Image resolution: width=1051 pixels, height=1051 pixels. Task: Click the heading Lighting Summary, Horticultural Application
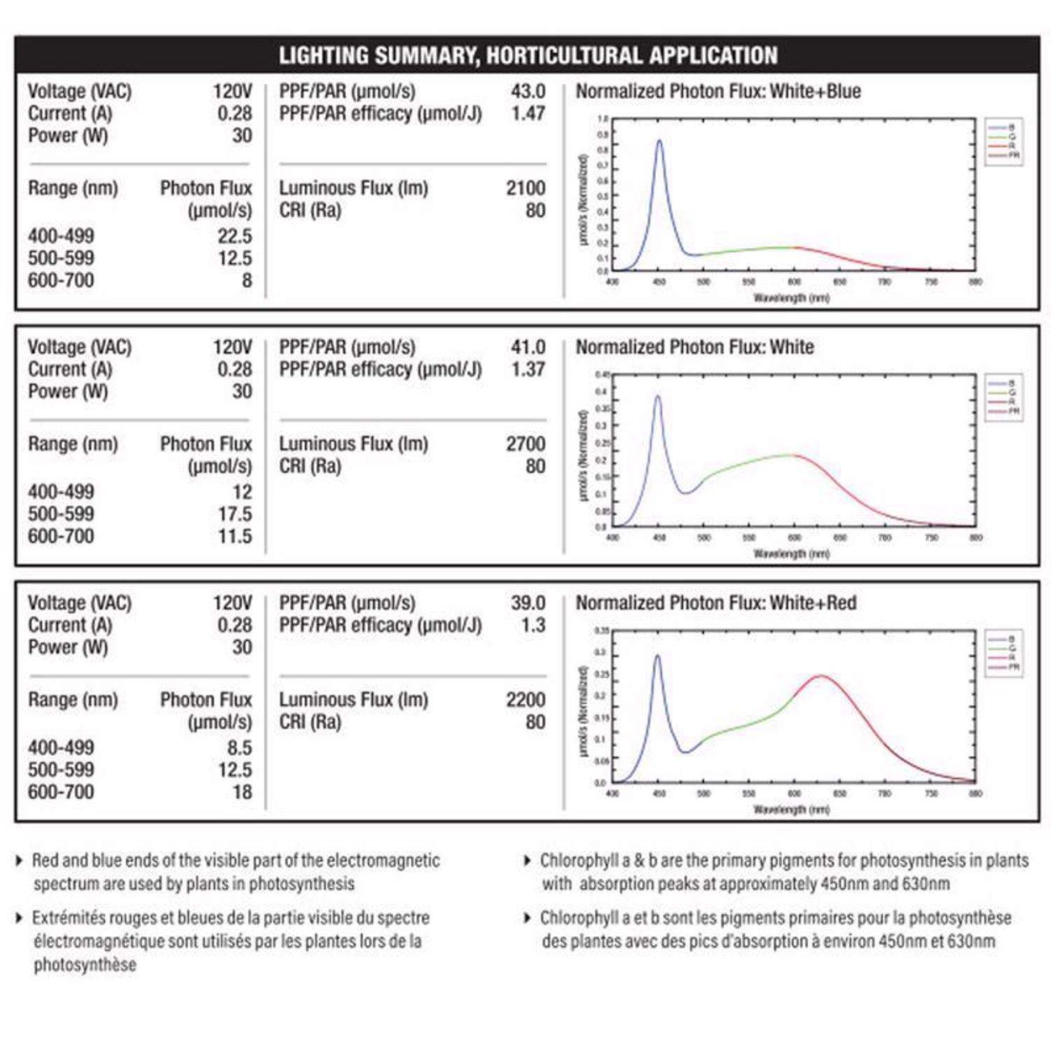click(x=528, y=55)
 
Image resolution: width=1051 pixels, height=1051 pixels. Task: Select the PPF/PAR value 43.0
click(x=528, y=91)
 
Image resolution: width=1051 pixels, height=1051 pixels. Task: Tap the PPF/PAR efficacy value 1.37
click(x=528, y=369)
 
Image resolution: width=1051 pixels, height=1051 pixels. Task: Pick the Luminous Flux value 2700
click(x=525, y=444)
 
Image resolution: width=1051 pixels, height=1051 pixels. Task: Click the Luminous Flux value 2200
click(x=525, y=699)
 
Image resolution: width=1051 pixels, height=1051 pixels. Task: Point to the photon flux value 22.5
click(x=234, y=236)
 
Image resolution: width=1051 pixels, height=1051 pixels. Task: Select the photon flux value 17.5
click(x=234, y=514)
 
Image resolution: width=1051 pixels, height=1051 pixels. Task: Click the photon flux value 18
click(x=242, y=792)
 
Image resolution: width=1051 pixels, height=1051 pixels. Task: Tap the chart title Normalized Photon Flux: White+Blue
click(x=718, y=91)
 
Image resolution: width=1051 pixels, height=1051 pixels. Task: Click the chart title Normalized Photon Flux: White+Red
click(x=716, y=603)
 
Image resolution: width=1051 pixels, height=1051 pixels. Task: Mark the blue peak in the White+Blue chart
click(x=659, y=141)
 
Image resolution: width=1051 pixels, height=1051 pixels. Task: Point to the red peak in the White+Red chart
click(x=820, y=676)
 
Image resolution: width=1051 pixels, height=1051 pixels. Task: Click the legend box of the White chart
click(x=1003, y=397)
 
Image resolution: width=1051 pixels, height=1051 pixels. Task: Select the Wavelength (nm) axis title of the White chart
click(x=791, y=554)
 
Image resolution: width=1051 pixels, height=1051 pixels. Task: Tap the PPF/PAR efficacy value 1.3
click(x=533, y=625)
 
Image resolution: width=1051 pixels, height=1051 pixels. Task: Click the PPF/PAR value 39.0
click(x=528, y=603)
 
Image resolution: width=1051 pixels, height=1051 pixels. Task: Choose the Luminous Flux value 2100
click(x=525, y=188)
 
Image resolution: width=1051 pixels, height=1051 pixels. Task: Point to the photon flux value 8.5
click(x=239, y=748)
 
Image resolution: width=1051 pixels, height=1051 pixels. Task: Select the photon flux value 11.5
click(x=234, y=536)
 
